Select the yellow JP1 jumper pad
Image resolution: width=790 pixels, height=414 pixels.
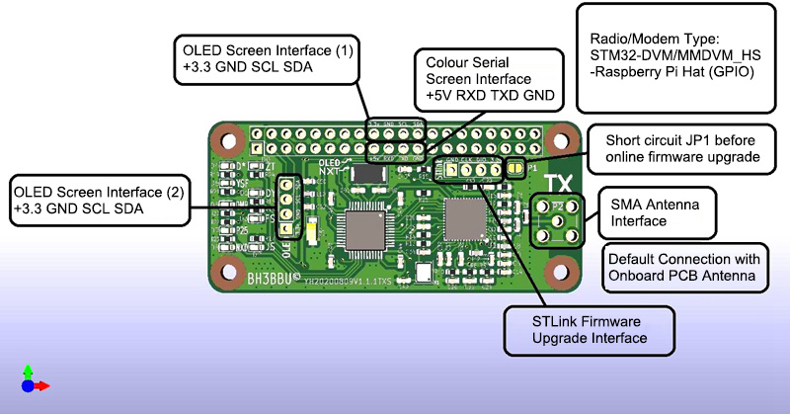(x=514, y=167)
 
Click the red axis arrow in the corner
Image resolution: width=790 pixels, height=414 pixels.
(x=42, y=385)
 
